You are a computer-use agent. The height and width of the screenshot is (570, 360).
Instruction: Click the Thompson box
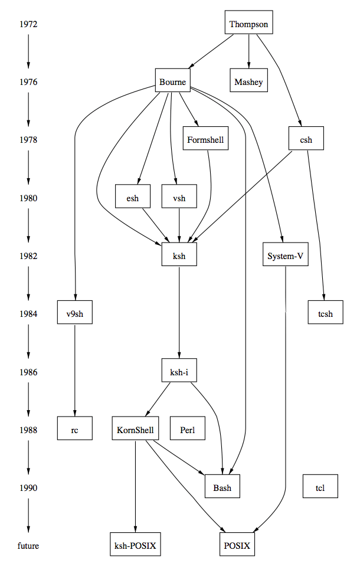(248, 24)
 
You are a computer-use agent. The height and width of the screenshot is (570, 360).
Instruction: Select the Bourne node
(173, 82)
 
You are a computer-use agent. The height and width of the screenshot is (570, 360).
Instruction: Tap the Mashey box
(248, 82)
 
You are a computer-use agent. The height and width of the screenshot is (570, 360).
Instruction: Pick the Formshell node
(205, 140)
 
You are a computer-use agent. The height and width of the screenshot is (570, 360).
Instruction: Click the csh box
(306, 140)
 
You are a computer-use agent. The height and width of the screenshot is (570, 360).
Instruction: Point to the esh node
(133, 198)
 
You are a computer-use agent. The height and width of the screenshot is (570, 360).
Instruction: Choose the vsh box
(179, 198)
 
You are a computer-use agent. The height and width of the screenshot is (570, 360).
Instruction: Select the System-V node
(286, 256)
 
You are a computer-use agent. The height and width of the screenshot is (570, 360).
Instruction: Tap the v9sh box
(75, 314)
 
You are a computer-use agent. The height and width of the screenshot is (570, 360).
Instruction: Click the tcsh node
(320, 314)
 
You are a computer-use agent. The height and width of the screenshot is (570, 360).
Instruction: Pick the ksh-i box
(179, 372)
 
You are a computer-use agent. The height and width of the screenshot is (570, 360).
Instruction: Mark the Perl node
(187, 430)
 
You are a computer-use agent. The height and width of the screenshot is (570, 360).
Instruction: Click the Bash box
(222, 488)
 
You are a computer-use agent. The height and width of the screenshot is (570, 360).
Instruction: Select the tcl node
(320, 488)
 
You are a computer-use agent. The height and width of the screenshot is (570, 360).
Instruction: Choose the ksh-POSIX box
(136, 546)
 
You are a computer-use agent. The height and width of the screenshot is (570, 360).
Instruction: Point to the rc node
(75, 430)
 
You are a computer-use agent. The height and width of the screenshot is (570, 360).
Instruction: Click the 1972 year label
(28, 24)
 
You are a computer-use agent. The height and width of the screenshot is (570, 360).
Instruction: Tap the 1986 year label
(28, 372)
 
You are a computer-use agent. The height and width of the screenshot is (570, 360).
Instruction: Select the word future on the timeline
(28, 546)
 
